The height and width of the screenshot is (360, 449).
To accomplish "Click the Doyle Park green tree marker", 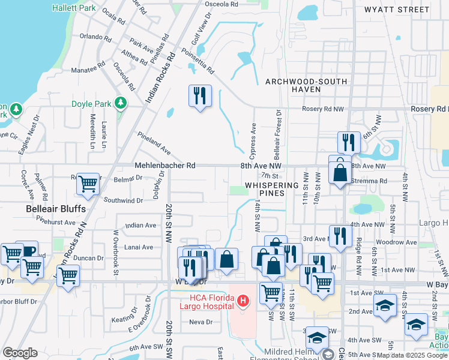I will pos(121,103).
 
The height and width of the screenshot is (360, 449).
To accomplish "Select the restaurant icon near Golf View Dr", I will pos(199,95).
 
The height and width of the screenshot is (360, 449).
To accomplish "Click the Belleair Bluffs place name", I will pos(56,209).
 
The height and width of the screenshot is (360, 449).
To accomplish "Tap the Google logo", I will pos(20,352).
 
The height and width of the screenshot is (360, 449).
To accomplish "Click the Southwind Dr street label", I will pos(124,200).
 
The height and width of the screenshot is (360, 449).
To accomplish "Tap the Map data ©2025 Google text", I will pos(411,355).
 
